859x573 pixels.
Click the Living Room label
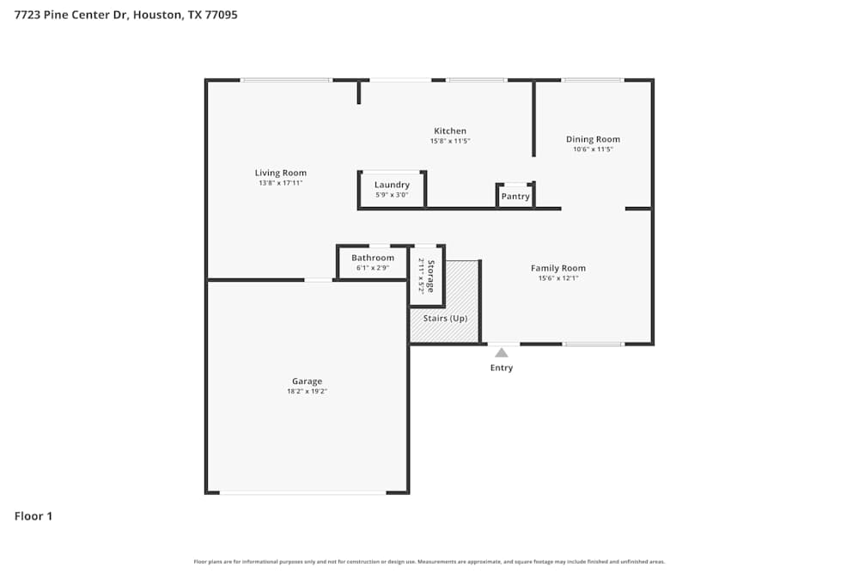point(280,173)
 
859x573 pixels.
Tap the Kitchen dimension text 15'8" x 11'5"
point(450,141)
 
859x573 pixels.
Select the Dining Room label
point(593,139)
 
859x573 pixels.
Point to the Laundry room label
point(392,185)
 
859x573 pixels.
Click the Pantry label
point(515,197)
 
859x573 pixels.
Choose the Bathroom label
point(373,258)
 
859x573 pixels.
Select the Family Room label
point(558,268)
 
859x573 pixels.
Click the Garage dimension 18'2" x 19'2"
point(307,391)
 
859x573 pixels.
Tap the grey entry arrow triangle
point(502,352)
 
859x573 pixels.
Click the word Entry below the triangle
point(502,368)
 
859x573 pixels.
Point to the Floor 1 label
point(34,516)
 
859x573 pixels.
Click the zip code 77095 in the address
point(222,15)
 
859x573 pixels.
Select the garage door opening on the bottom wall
point(302,492)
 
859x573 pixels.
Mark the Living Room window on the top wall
point(286,80)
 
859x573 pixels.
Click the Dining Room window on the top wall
point(593,80)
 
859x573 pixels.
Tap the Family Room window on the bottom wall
point(594,344)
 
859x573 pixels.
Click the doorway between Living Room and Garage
point(319,279)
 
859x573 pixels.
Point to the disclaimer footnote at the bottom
point(429,562)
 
